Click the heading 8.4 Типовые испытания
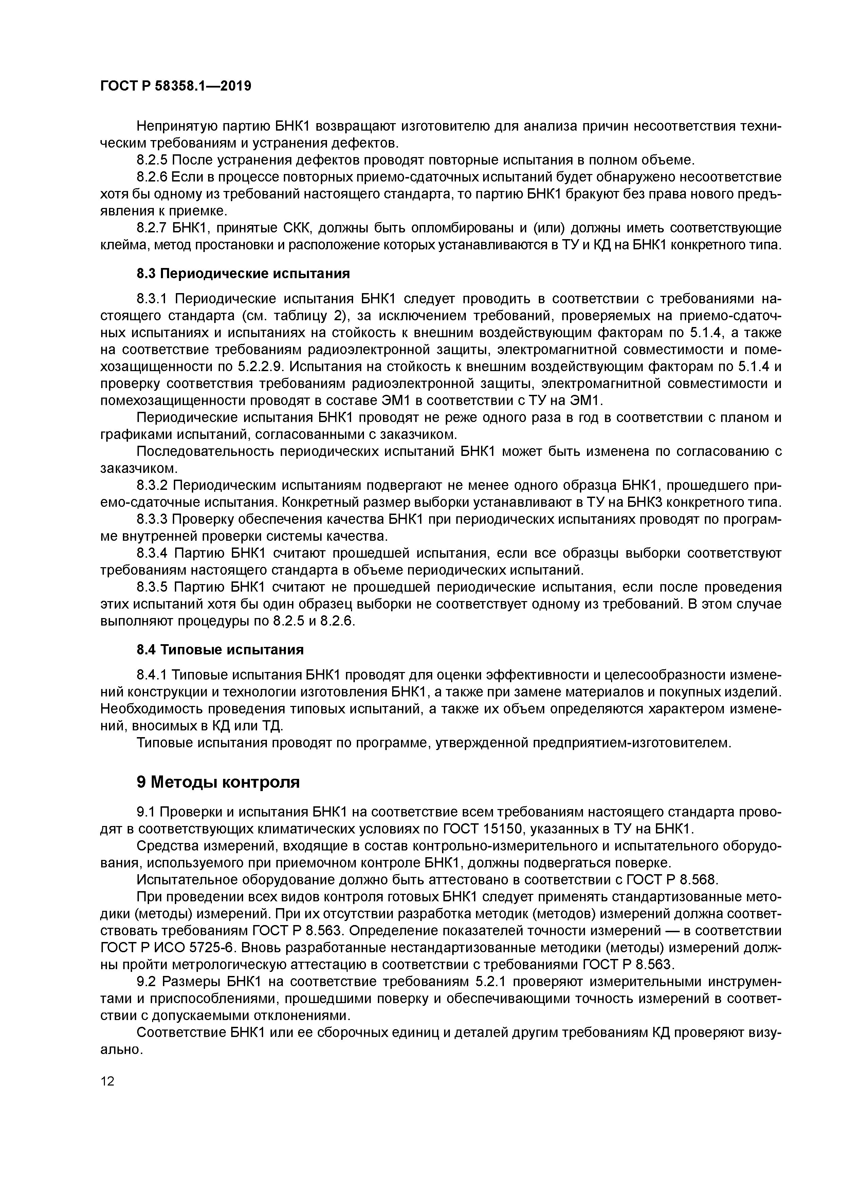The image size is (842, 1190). coord(220,649)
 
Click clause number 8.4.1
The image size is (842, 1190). coord(152,675)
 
